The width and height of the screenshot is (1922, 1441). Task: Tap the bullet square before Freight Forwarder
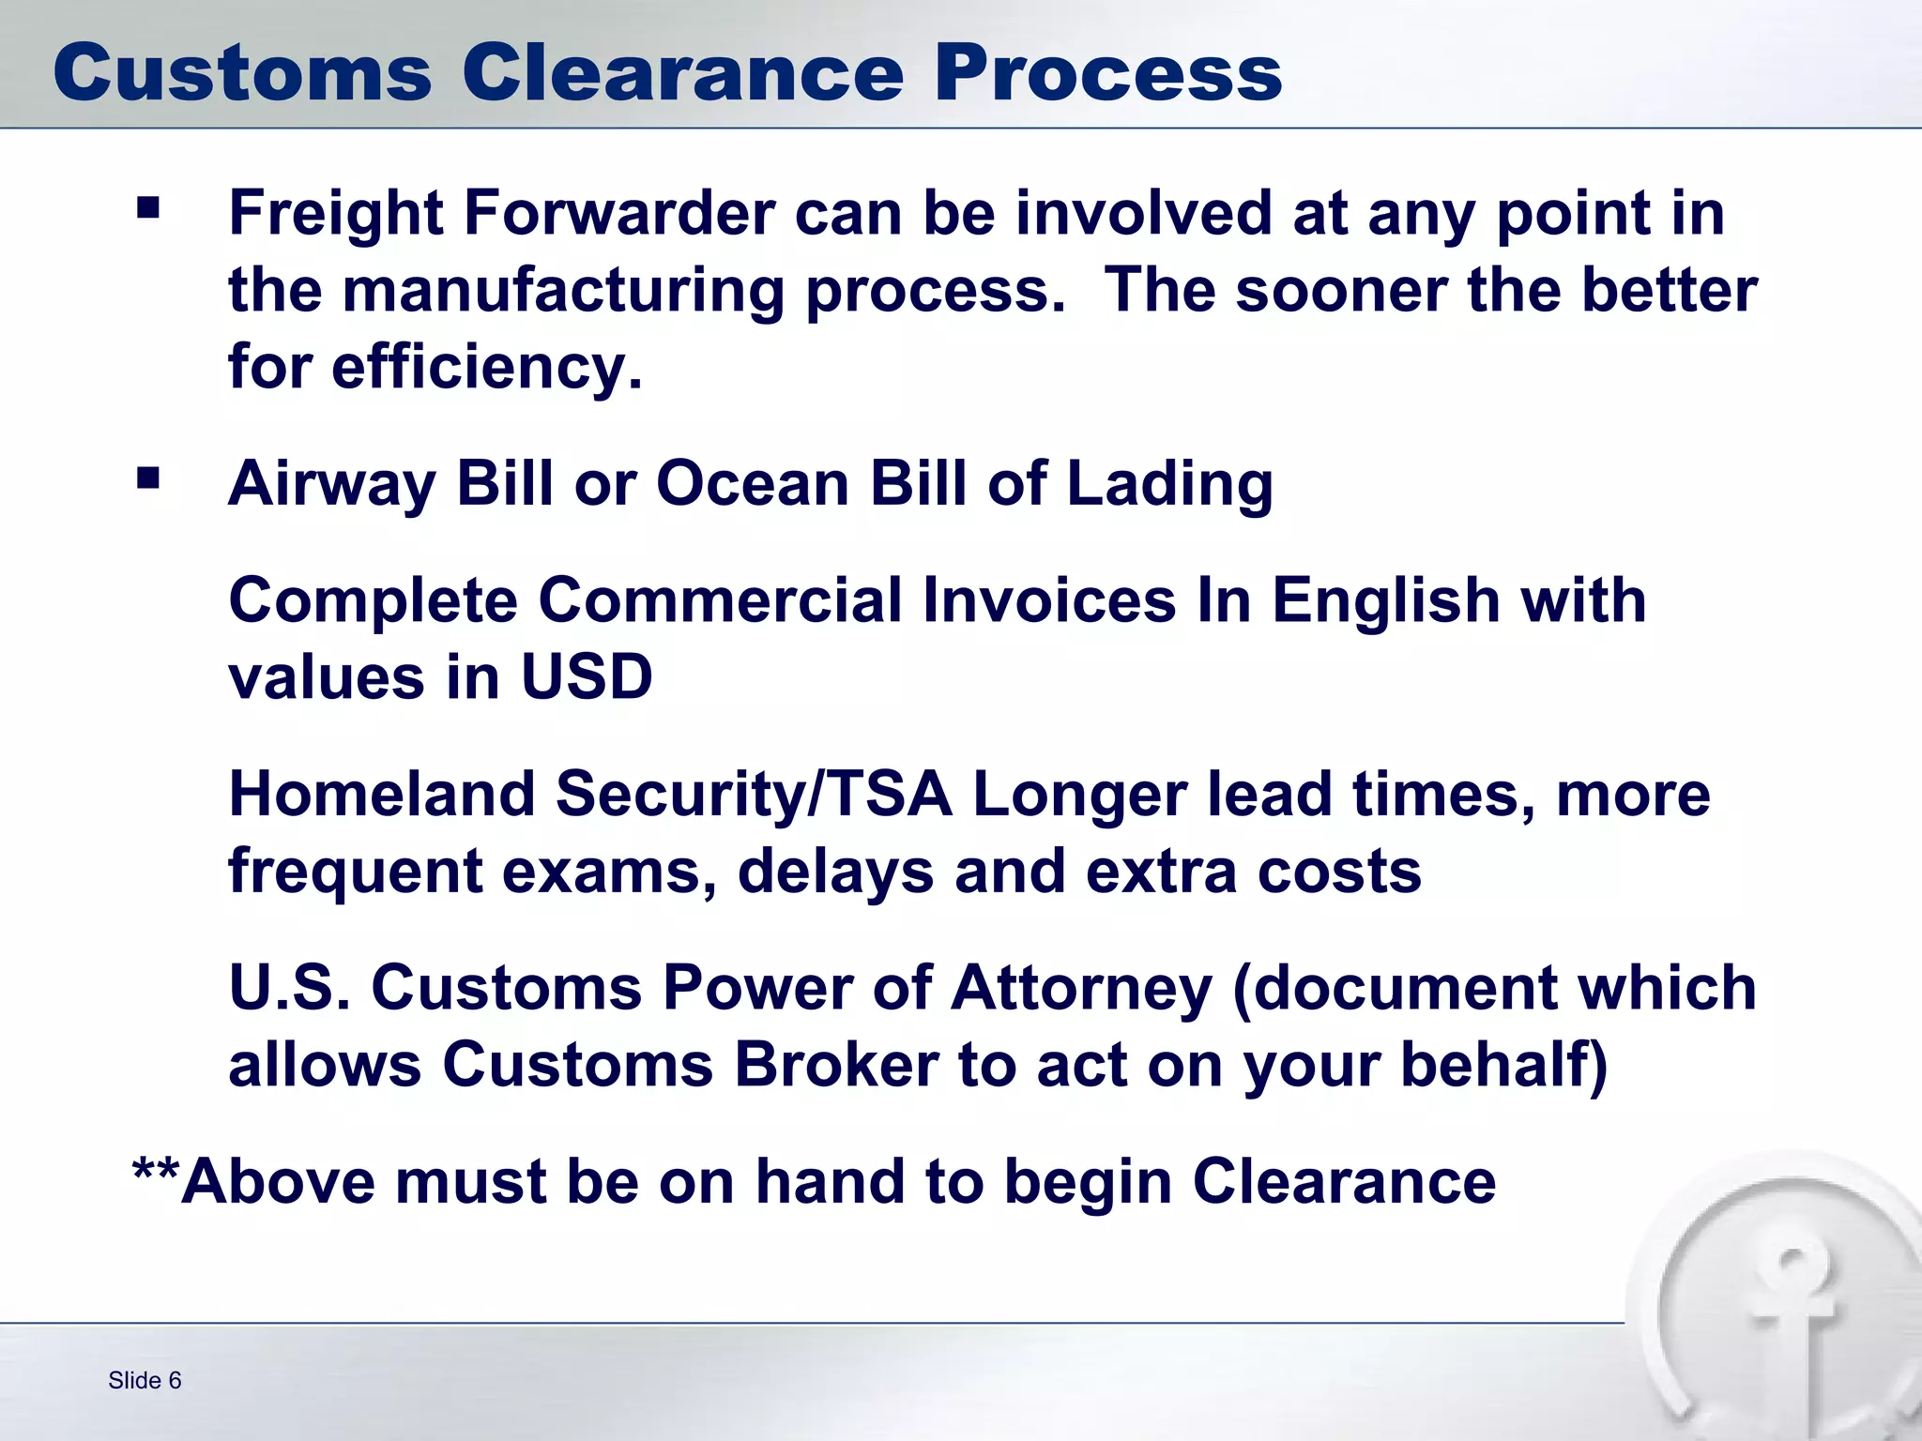[148, 207]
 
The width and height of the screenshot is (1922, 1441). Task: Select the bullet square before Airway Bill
[148, 478]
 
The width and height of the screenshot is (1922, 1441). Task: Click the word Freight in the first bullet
[335, 213]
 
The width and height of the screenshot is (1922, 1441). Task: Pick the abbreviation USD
[587, 677]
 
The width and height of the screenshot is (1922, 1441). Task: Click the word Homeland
[382, 795]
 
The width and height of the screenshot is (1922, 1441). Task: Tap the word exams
[602, 872]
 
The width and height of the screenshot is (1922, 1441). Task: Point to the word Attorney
[1081, 990]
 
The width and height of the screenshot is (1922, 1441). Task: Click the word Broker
[835, 1066]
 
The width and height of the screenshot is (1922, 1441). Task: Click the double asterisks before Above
[156, 1172]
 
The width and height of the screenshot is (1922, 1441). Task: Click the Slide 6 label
[145, 1380]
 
